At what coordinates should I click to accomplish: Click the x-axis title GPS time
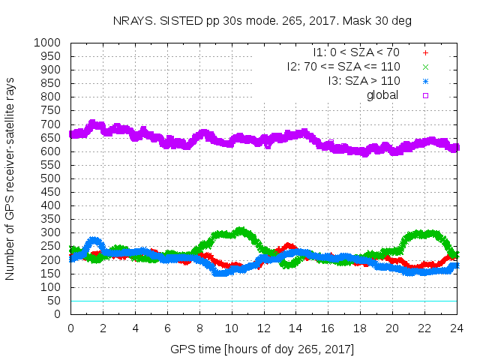[262, 349]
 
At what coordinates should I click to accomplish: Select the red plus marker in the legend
[425, 53]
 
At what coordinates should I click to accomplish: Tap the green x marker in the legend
[425, 67]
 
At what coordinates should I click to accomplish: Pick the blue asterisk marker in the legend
[425, 81]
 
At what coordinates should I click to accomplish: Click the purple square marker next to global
[425, 94]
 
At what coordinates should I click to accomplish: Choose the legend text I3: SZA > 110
[363, 81]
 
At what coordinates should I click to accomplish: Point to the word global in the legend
[382, 94]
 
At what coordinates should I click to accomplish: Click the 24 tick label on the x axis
[456, 328]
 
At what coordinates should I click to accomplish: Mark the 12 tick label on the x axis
[263, 328]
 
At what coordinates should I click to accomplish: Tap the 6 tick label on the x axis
[167, 328]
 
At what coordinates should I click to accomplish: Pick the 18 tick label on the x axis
[360, 328]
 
